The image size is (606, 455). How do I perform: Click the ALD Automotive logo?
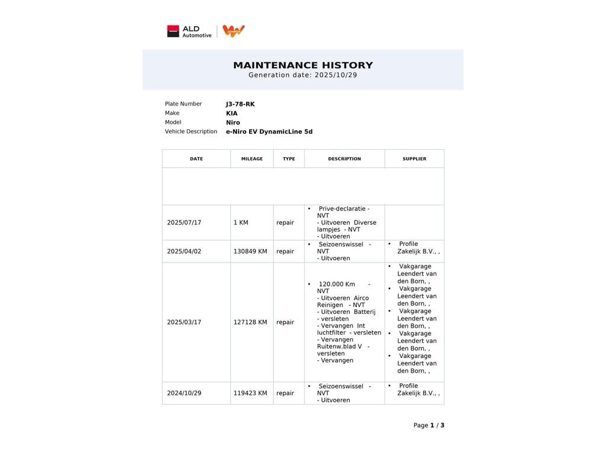point(189,31)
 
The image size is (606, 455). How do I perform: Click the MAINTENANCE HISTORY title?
point(303,65)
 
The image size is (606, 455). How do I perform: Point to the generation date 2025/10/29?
point(335,75)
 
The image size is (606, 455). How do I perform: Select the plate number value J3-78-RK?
point(240,104)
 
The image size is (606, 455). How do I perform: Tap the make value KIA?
point(231,113)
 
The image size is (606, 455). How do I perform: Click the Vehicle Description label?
point(191,132)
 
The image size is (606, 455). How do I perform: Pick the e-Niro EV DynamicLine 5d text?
point(269,132)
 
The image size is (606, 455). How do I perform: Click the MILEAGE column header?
point(252,159)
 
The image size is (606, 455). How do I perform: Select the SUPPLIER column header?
point(414,159)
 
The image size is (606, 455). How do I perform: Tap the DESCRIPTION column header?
point(344,159)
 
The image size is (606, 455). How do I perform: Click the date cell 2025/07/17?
point(184,223)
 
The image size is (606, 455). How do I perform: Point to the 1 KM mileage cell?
point(241,223)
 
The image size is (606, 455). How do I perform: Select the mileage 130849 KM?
point(250,251)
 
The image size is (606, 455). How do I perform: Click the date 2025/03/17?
point(184,322)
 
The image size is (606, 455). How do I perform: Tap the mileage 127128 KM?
point(250,322)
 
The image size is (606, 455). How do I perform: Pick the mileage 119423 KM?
point(250,393)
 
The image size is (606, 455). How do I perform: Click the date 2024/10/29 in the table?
point(184,393)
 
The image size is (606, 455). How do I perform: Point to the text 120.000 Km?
point(337,284)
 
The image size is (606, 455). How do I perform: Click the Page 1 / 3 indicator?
point(428,425)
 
